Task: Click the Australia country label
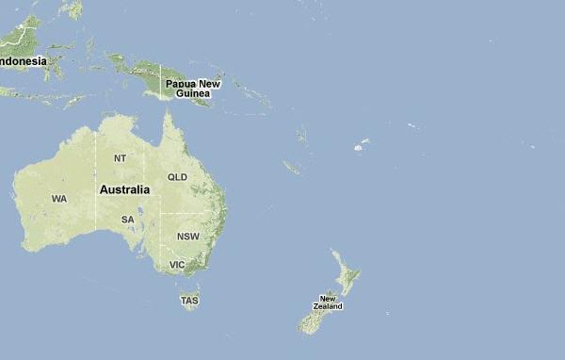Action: [124, 189]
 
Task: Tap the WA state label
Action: [59, 199]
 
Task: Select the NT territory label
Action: [120, 158]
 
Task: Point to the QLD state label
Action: [177, 177]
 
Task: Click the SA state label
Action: [128, 220]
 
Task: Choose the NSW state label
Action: [187, 237]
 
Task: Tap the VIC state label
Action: [177, 265]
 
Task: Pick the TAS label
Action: [190, 302]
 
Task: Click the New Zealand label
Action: [329, 303]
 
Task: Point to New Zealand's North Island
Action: [347, 278]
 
